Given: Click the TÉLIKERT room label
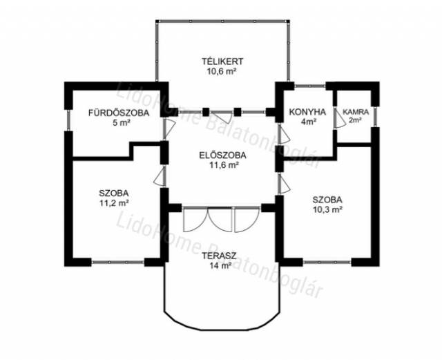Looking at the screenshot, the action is [222, 61].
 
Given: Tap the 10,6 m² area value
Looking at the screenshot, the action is [222, 70].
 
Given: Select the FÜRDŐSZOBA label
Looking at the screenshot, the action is [119, 113].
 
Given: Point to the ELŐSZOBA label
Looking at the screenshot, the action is [222, 155].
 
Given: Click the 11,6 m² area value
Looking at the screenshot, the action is [222, 165].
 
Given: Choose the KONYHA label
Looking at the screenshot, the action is [307, 112].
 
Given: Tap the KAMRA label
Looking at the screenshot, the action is [356, 112].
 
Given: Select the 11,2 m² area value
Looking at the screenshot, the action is [114, 203].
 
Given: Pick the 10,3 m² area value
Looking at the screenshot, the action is [327, 209].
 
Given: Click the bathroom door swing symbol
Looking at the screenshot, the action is [169, 129].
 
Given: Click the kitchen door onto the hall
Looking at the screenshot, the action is [284, 135].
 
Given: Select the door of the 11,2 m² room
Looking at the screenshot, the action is [160, 176].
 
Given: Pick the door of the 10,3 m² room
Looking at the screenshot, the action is [284, 183].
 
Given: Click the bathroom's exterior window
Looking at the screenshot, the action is [68, 120].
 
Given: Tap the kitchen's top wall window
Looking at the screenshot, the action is [310, 85].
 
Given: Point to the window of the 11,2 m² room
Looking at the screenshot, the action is [118, 263].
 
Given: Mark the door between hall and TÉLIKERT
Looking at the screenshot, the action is [222, 117].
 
